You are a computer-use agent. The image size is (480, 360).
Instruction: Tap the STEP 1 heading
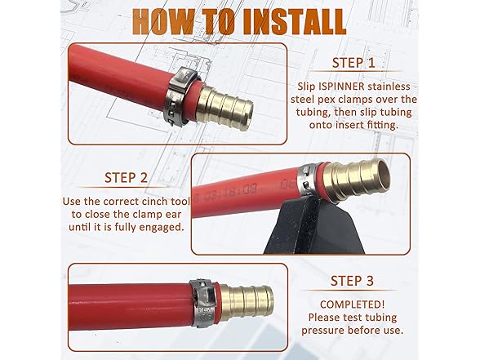[353, 63]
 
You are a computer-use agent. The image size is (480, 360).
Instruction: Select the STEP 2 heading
[126, 178]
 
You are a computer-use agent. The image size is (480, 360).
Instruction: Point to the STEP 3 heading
[352, 281]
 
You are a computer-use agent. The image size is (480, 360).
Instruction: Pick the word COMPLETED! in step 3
[352, 304]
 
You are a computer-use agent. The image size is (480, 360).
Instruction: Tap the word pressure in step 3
[323, 331]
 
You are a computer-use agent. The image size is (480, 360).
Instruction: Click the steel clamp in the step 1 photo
[180, 98]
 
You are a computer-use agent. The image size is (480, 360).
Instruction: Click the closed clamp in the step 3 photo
[202, 303]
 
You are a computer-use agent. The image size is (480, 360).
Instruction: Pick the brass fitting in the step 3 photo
[246, 302]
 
